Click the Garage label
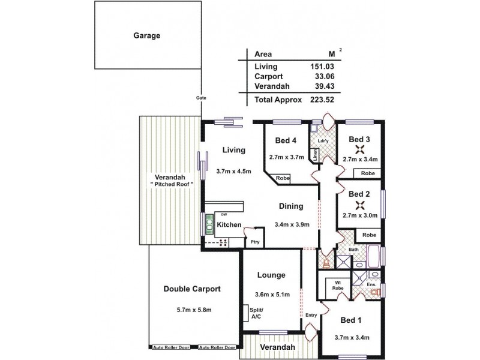pos(146,35)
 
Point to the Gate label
pos(200,98)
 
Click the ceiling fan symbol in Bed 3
pos(360,150)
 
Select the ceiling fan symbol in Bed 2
pos(360,204)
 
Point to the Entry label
pos(311,315)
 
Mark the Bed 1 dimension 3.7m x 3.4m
pos(352,337)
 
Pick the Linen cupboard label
pos(314,154)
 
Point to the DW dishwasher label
pos(223,214)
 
